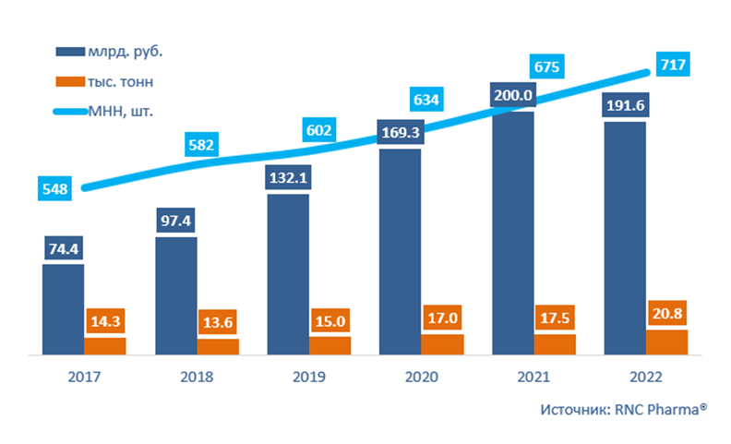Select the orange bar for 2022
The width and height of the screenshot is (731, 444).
(x=666, y=342)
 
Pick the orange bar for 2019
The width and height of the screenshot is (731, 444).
(x=330, y=345)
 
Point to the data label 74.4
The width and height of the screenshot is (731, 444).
(x=63, y=249)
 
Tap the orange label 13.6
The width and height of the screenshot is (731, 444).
(x=218, y=324)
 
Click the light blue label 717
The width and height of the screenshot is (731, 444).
(x=671, y=65)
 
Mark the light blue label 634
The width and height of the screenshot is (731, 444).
(x=428, y=98)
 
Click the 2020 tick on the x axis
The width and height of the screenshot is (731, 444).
(x=421, y=378)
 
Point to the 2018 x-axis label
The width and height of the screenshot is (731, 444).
(x=197, y=378)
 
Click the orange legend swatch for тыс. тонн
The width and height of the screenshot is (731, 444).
(x=71, y=81)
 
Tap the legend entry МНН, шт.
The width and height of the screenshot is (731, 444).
(x=119, y=112)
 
